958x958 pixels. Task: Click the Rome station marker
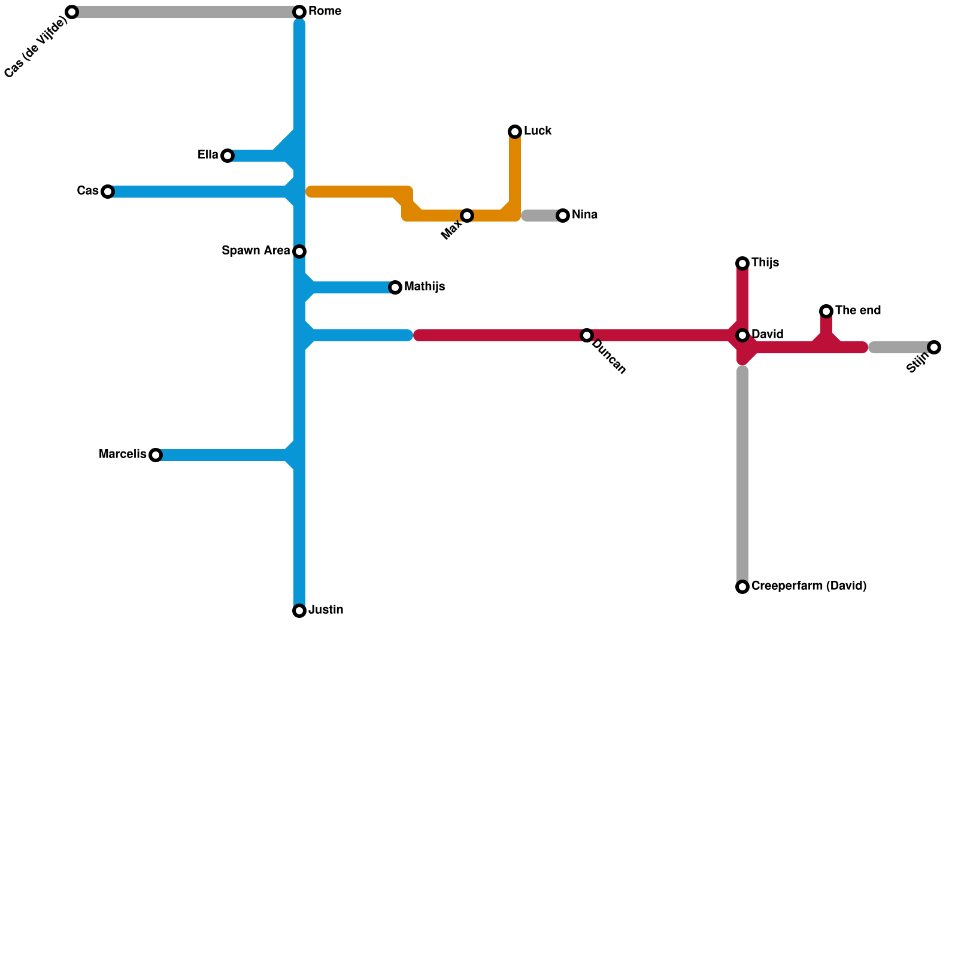click(x=299, y=12)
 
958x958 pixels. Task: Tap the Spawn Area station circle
click(x=299, y=251)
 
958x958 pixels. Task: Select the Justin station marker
click(x=299, y=611)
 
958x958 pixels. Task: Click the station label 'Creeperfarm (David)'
click(x=808, y=586)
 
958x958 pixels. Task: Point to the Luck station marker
click(x=515, y=132)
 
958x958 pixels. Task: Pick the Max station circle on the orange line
click(x=467, y=216)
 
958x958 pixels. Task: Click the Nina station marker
click(x=563, y=216)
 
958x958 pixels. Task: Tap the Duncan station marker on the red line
click(x=587, y=335)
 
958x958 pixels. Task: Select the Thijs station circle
click(x=742, y=263)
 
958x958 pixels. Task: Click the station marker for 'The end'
click(x=826, y=311)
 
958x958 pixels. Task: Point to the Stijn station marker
click(x=934, y=347)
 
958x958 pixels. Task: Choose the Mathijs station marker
click(x=395, y=287)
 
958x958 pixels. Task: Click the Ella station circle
click(x=228, y=156)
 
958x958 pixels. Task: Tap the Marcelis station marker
click(x=156, y=455)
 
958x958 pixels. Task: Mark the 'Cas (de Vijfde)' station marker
click(x=72, y=12)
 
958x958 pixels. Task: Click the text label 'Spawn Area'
click(x=256, y=251)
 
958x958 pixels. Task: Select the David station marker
click(x=742, y=335)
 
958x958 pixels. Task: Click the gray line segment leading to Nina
click(x=542, y=216)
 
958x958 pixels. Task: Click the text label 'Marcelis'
click(x=122, y=454)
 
